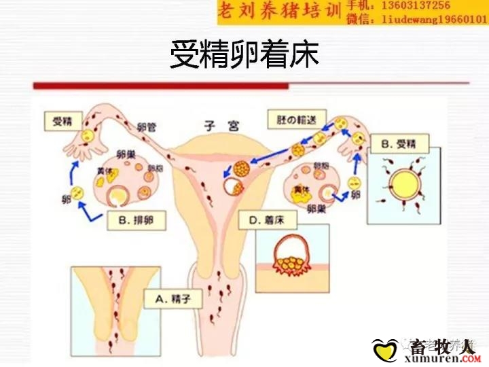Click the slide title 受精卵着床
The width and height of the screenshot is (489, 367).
[x=244, y=55]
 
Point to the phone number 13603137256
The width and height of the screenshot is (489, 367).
[x=416, y=6]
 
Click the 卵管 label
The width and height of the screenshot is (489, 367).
[x=147, y=126]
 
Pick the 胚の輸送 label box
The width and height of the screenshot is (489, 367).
[x=293, y=119]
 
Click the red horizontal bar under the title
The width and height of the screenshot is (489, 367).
[x=161, y=86]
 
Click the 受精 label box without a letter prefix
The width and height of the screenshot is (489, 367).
[x=62, y=122]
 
